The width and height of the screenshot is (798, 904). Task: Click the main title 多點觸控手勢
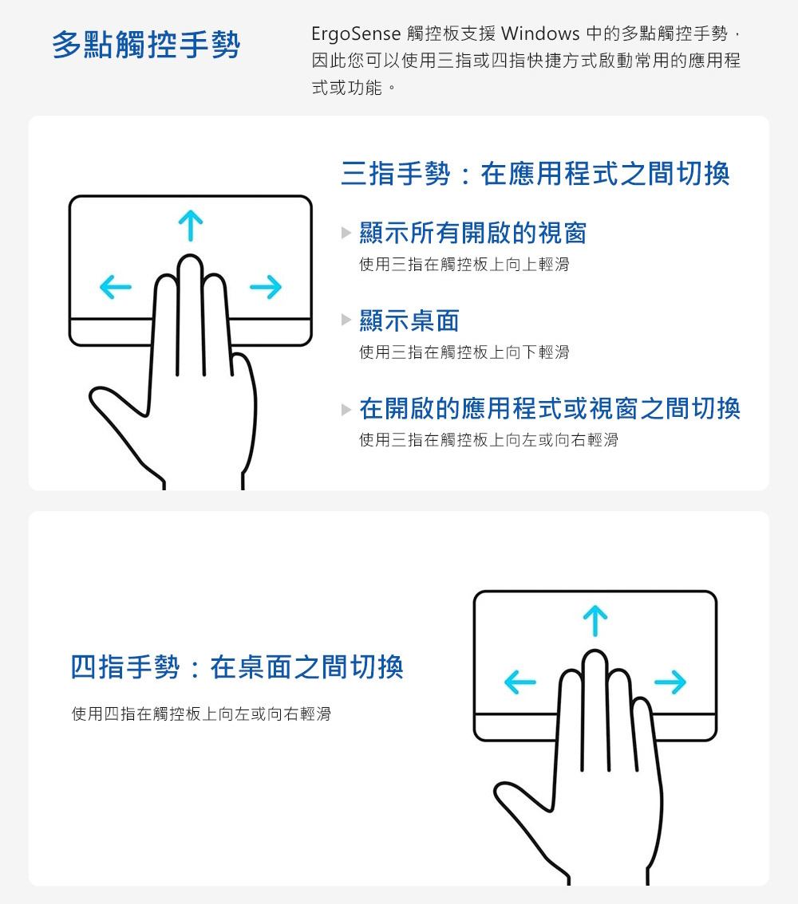[x=146, y=45]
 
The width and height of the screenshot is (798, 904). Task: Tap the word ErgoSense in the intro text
[x=355, y=34]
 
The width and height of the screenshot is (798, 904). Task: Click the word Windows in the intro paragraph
[x=540, y=33]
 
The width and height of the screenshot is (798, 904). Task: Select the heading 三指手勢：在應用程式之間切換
[x=535, y=174]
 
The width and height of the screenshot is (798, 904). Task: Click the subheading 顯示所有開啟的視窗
[x=473, y=233]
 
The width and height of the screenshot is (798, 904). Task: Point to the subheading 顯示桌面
[x=409, y=320]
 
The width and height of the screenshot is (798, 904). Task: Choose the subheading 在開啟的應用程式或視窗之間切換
[x=550, y=409]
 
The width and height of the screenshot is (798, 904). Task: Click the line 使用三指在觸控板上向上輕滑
[x=464, y=265]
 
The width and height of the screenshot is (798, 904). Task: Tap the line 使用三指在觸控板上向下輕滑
[x=464, y=352]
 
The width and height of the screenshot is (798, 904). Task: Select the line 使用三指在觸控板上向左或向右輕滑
[x=488, y=441]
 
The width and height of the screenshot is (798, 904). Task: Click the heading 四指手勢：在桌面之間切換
[x=236, y=667]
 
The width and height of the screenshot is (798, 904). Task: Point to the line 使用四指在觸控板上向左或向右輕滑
[x=201, y=714]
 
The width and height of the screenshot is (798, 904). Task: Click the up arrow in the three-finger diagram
[x=191, y=226]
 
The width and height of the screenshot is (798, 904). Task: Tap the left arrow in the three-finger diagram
[x=116, y=286]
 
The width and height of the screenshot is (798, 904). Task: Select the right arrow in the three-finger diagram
[x=266, y=286]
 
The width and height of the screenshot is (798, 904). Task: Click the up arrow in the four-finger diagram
[x=595, y=620]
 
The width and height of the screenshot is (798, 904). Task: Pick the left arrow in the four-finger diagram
[x=520, y=682]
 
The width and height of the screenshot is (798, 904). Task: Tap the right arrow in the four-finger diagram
[x=670, y=682]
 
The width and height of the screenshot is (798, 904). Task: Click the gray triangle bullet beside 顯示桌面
[x=346, y=320]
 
